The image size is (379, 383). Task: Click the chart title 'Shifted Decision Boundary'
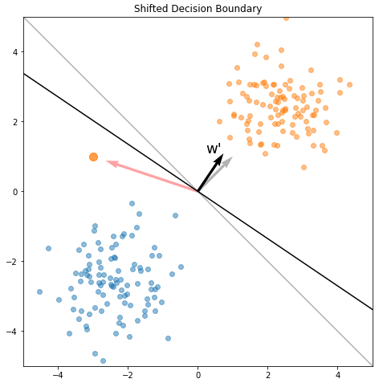(198, 9)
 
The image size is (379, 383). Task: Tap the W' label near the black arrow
(214, 149)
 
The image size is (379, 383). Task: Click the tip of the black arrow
(223, 154)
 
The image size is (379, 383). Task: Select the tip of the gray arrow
(232, 157)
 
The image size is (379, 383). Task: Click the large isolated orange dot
(93, 157)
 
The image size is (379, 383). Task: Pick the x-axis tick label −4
(58, 375)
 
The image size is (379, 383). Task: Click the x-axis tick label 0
(198, 375)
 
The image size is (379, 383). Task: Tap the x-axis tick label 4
(338, 375)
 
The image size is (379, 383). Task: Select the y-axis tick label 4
(15, 52)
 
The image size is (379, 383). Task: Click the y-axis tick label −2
(12, 262)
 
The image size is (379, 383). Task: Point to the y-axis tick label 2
(15, 122)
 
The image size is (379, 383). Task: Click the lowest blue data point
(103, 361)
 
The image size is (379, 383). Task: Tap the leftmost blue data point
(39, 291)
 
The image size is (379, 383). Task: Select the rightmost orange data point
(349, 85)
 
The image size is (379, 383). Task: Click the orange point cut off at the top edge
(286, 18)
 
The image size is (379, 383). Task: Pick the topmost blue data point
(132, 203)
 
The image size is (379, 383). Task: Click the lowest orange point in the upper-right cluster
(304, 167)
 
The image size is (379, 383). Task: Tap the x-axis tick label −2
(128, 375)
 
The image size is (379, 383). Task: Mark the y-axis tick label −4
(12, 332)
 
